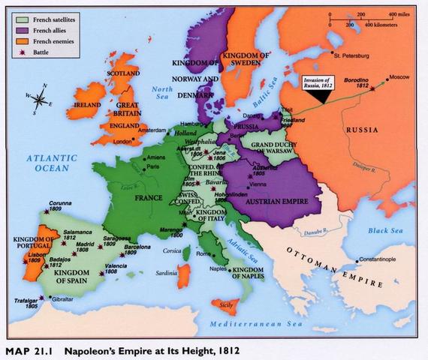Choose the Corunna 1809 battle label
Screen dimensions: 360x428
(x=61, y=206)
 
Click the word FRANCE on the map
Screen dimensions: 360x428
(x=149, y=199)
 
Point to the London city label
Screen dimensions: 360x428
(x=122, y=140)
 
